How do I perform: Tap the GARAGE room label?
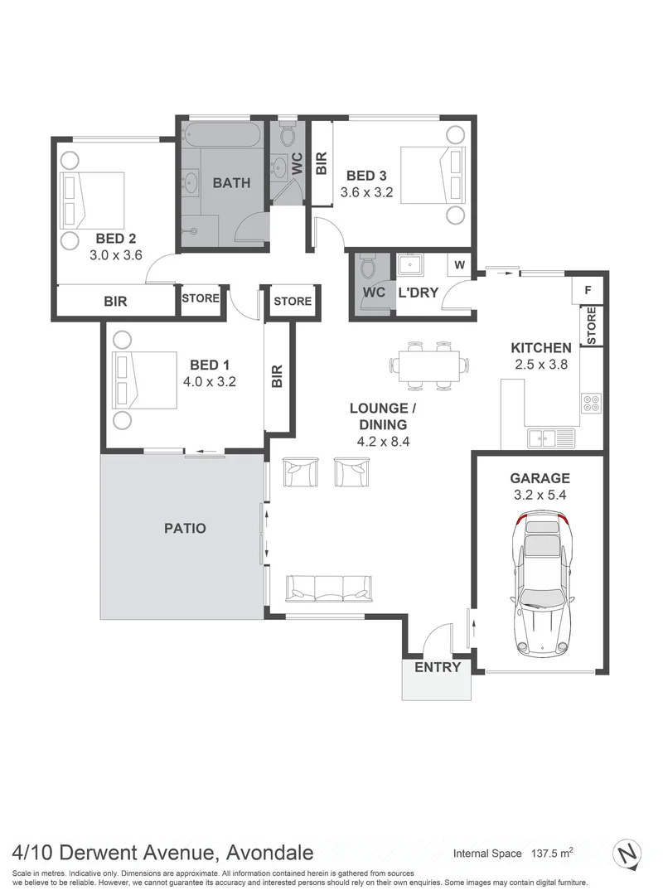coord(540,478)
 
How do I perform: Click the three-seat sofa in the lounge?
coord(327,588)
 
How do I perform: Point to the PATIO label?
coord(185,528)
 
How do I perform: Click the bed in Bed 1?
coord(146,380)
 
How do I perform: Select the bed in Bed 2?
coord(93,200)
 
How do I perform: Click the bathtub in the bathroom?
coord(221,134)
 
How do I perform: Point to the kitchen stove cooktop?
coord(592,404)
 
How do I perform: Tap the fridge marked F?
coord(588,290)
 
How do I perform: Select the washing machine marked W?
coord(458,265)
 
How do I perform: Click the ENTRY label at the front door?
coord(437,667)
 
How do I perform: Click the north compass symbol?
coord(631,853)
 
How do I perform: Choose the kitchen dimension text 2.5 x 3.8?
coord(540,364)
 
